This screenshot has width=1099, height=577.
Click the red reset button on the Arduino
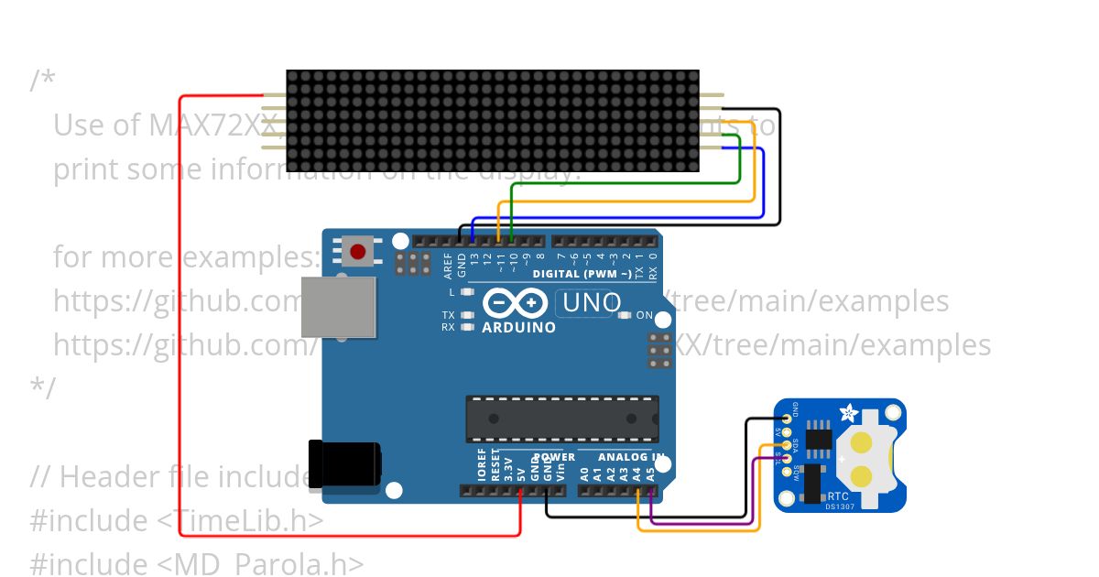[358, 251]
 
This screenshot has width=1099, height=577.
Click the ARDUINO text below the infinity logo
[518, 327]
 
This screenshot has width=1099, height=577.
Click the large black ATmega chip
[561, 419]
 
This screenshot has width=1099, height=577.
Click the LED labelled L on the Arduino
[468, 292]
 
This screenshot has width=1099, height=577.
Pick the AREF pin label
[448, 265]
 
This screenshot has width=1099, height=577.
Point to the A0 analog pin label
[584, 474]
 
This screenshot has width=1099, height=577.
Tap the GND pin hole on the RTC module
[786, 419]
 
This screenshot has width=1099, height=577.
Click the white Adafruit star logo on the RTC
[845, 414]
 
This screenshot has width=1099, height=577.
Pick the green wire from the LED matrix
[623, 182]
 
